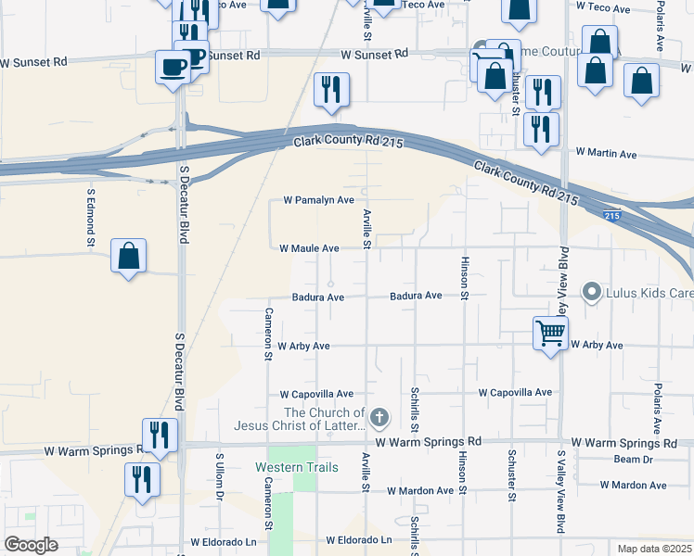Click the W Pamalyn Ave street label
coord(318,200)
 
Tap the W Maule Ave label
coord(309,248)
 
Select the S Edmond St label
coord(91,219)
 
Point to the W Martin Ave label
coord(605,153)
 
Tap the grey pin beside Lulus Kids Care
coord(590,293)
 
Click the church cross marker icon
coord(379,419)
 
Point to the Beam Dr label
coord(634,460)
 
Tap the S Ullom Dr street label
coord(220,477)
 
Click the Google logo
coord(32,545)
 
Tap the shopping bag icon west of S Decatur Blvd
coord(128,256)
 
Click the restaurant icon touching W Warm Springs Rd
coord(160,436)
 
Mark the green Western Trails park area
coord(303,491)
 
